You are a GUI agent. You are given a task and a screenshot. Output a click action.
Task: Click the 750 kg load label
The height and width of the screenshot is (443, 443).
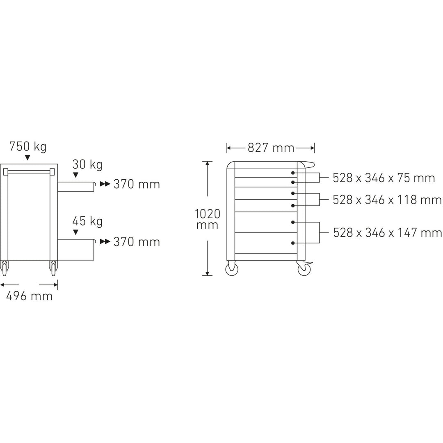pyautogui.click(x=28, y=146)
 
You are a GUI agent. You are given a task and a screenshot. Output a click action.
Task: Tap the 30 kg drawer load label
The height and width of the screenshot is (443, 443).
pyautogui.click(x=87, y=165)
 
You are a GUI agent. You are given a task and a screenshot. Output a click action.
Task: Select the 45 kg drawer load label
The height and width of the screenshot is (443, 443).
pyautogui.click(x=87, y=222)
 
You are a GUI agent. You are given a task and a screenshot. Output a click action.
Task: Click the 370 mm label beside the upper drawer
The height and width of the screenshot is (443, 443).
pyautogui.click(x=137, y=185)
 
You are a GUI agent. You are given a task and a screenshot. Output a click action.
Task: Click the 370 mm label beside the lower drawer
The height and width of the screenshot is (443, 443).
pyautogui.click(x=137, y=242)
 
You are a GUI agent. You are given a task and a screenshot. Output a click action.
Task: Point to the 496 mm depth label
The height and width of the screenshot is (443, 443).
pyautogui.click(x=29, y=296)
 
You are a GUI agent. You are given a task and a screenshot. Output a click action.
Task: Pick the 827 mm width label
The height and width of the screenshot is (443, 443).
pyautogui.click(x=271, y=148)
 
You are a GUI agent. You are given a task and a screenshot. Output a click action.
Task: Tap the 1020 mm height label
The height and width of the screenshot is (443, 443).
pyautogui.click(x=208, y=219)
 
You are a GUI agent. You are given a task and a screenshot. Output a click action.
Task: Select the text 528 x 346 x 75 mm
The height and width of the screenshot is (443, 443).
pyautogui.click(x=384, y=178)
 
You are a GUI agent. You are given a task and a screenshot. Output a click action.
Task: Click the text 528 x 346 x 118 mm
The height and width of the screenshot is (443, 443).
pyautogui.click(x=387, y=200)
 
